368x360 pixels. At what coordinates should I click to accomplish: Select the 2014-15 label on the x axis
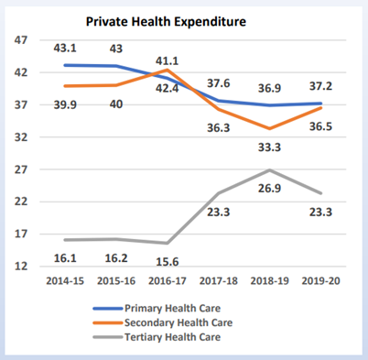(65, 281)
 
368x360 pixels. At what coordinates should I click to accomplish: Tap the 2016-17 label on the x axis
(168, 281)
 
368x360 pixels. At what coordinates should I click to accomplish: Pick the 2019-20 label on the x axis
(320, 281)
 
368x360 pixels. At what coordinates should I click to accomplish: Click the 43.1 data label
(63, 47)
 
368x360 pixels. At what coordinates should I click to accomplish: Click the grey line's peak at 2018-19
(269, 170)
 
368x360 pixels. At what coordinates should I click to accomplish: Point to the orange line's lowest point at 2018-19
(269, 128)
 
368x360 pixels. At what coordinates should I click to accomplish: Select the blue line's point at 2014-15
(64, 65)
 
